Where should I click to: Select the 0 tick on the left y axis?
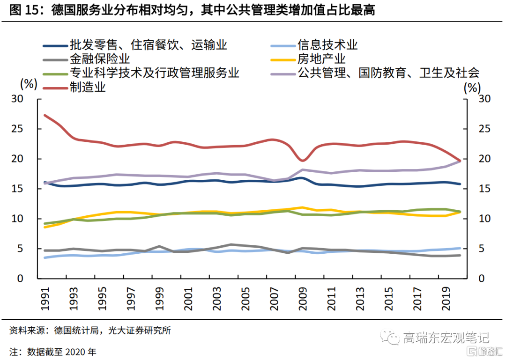pos(33,279)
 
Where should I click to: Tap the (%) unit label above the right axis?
pos(472,88)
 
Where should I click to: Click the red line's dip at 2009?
pos(303,161)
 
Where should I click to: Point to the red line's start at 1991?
pos(45,115)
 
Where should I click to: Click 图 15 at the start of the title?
pos(22,10)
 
